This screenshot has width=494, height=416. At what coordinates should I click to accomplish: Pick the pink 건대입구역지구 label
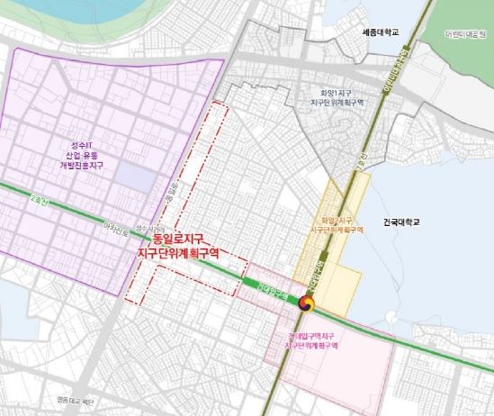[311, 336]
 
